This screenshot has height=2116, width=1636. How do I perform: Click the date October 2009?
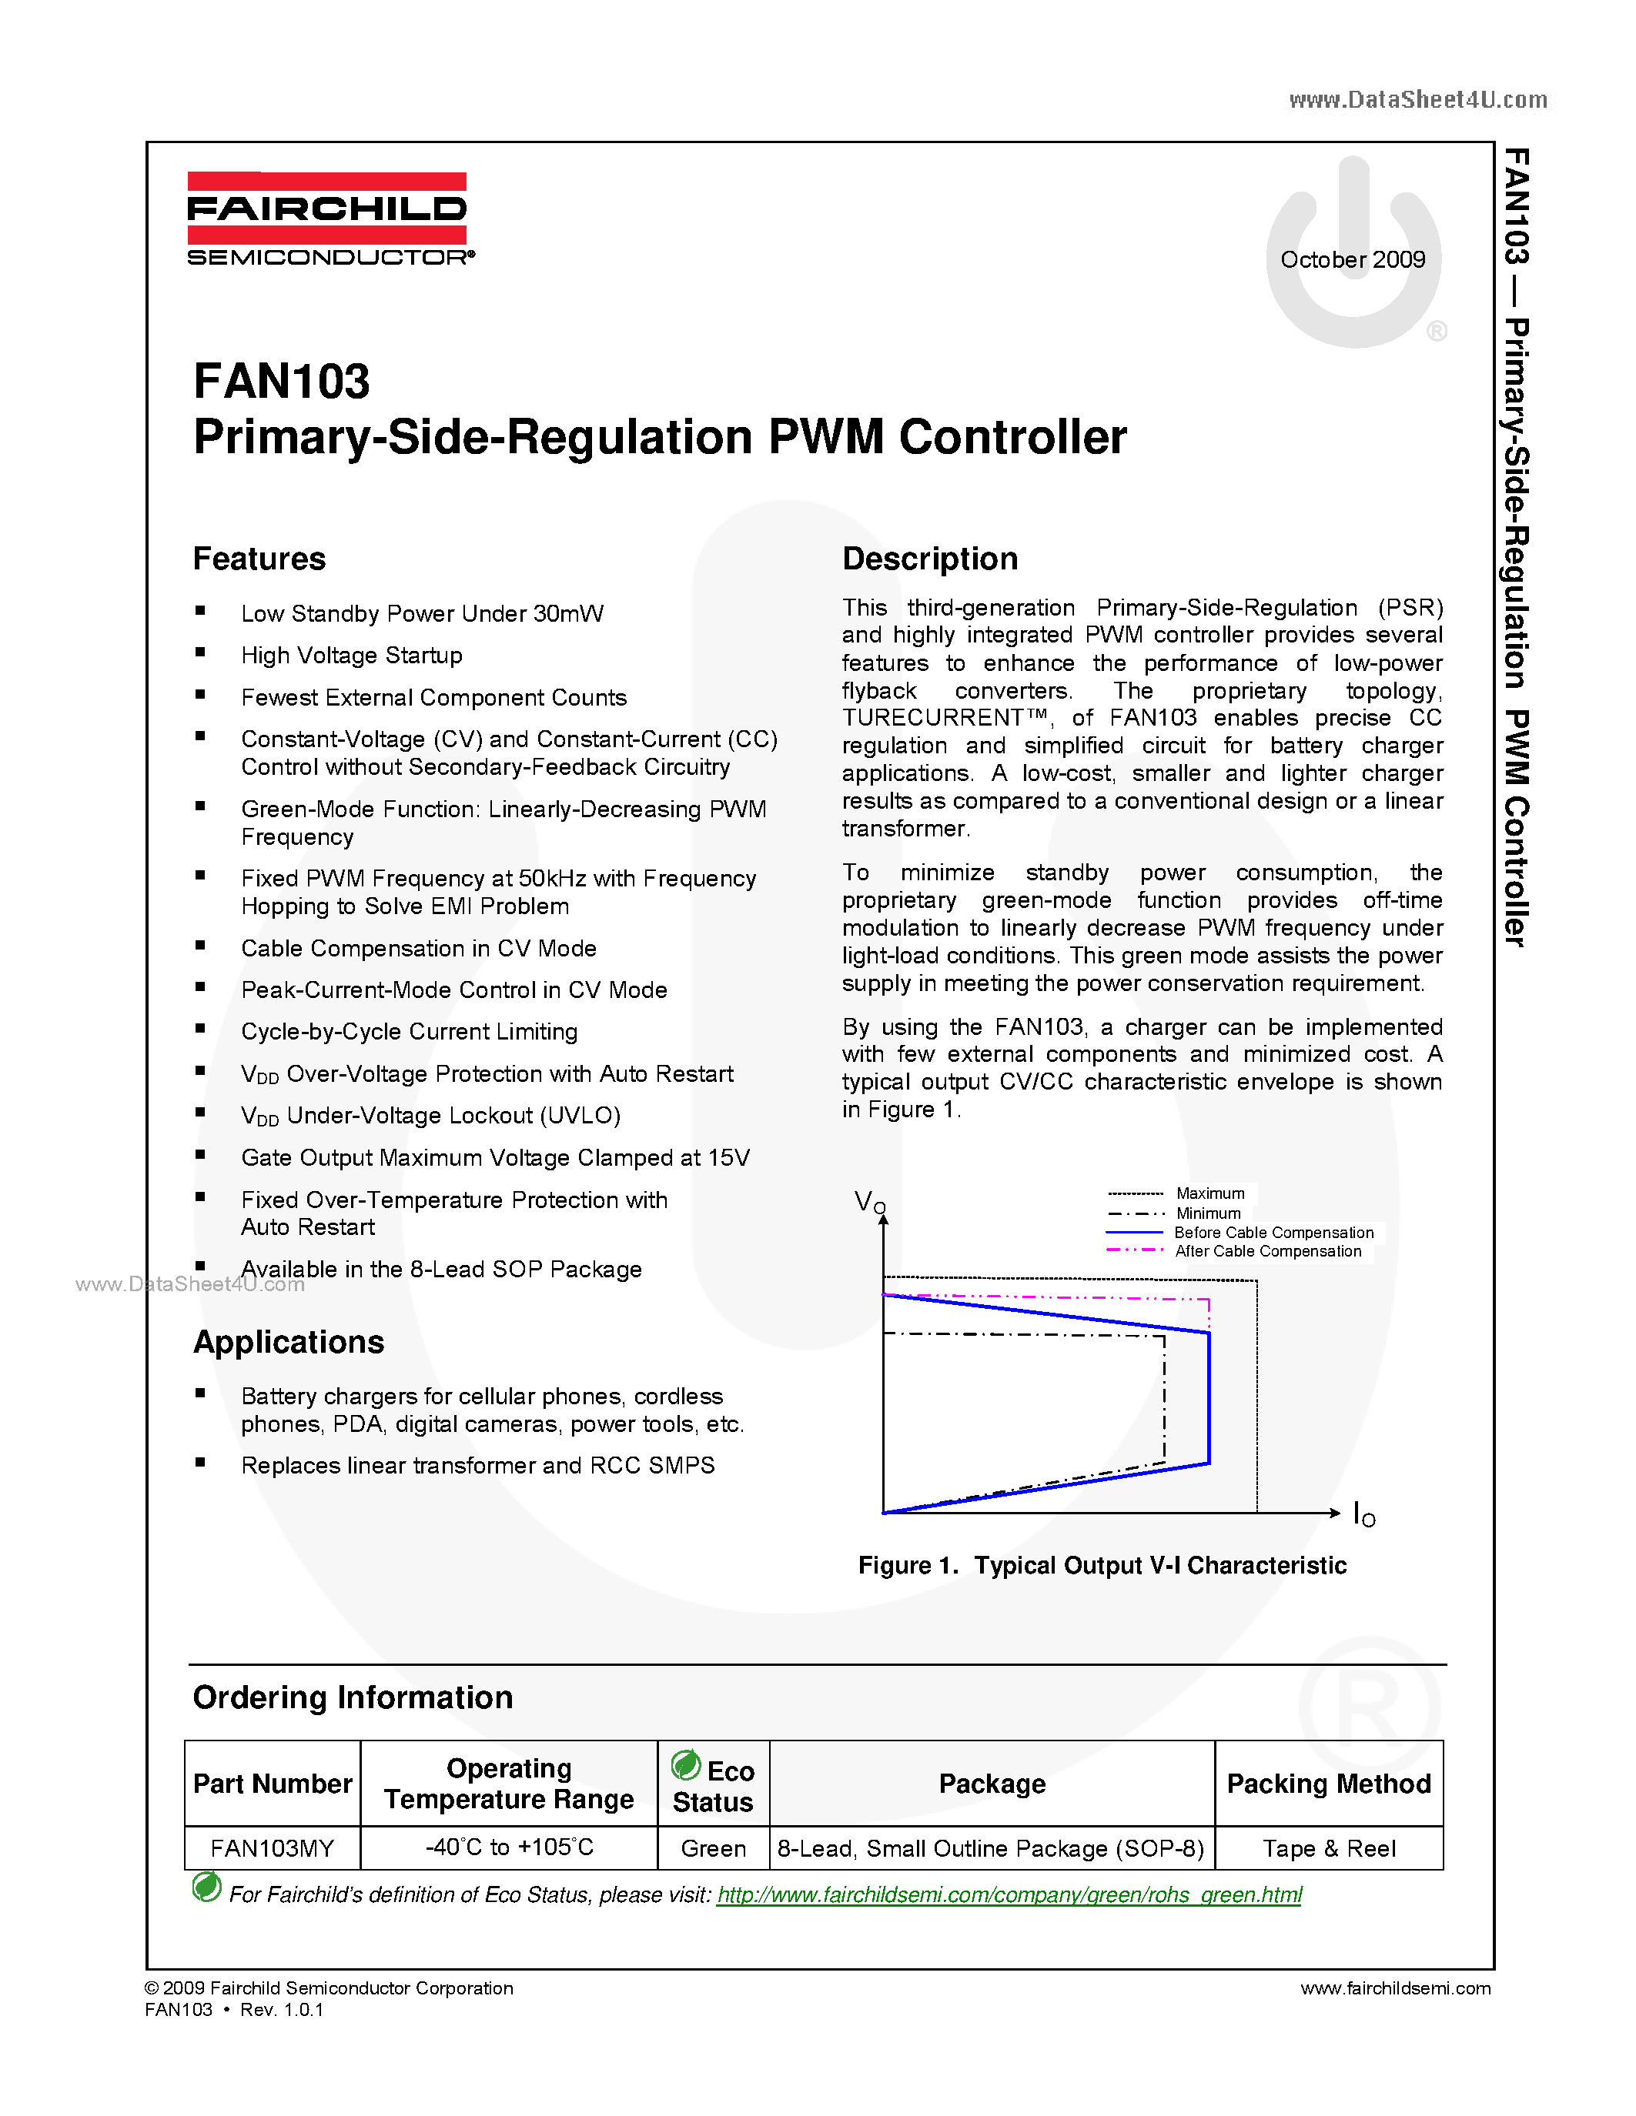point(1352,259)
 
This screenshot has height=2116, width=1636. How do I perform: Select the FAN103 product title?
point(281,382)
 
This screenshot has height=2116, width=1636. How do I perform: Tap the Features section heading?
point(259,559)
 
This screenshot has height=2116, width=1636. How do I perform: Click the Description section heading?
point(929,559)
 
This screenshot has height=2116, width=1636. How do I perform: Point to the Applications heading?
point(288,1342)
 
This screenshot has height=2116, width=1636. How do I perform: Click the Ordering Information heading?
point(353,1697)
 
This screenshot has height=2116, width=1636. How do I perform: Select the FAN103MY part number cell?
point(273,1848)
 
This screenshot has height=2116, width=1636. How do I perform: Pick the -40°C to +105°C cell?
point(509,1847)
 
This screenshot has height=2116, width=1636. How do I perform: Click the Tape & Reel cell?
point(1329,1848)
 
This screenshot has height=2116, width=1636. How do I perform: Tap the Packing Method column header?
point(1329,1784)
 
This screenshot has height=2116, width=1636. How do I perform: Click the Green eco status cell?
point(714,1848)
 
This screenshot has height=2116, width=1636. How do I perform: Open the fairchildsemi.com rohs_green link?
point(1009,1895)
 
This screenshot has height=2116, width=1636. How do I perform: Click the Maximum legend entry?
point(1209,1193)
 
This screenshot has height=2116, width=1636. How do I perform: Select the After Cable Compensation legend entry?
point(1268,1252)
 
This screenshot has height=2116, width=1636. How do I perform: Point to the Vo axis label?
point(869,1203)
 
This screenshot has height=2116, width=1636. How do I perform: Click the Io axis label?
point(1363,1514)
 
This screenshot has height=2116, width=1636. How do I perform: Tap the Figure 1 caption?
point(1102,1566)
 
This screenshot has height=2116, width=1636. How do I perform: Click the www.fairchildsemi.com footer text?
point(1395,1988)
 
